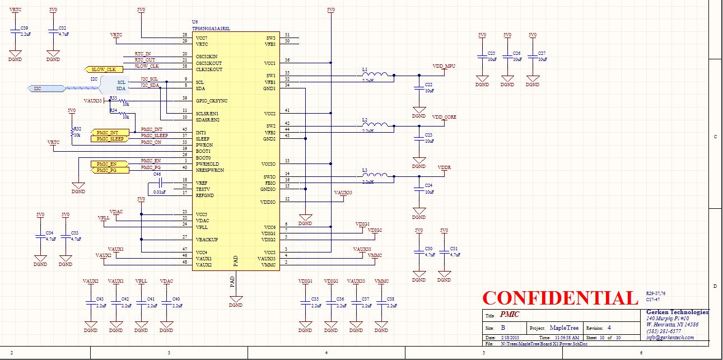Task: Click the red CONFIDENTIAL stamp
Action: point(560,298)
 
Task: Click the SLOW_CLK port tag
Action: point(104,69)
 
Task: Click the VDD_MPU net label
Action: point(444,66)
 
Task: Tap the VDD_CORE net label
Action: point(444,117)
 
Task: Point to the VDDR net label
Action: point(444,167)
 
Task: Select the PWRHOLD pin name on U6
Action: point(206,164)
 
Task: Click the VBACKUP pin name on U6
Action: point(207,240)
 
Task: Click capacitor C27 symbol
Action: point(533,57)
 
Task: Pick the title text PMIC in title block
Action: point(510,315)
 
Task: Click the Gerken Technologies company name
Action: point(677,312)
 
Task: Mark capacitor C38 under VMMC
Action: point(381,302)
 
